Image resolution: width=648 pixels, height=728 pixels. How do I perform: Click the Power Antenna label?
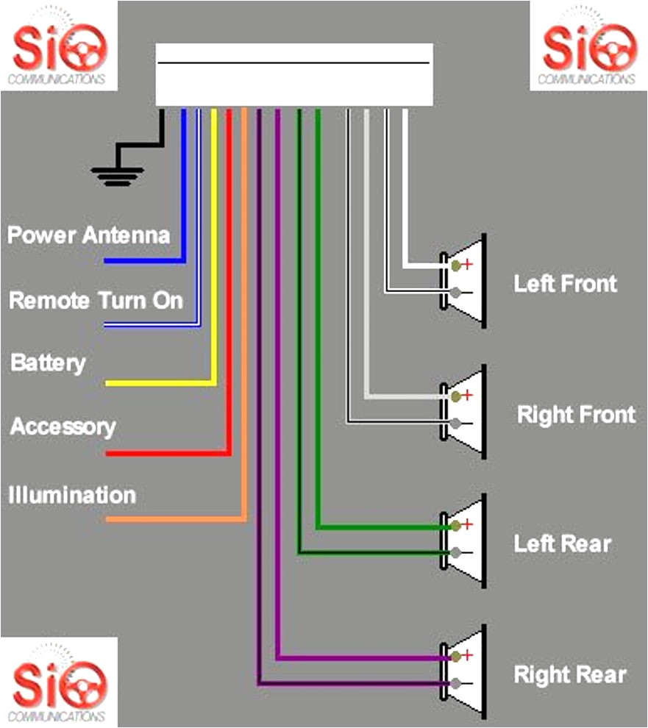pos(88,235)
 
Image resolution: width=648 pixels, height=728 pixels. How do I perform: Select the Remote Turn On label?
pos(96,300)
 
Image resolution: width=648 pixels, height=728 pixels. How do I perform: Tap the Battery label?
pos(48,363)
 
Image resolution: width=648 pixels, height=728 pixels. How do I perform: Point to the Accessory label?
pos(63,427)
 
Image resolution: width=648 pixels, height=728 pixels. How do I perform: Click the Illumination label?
pos(72,495)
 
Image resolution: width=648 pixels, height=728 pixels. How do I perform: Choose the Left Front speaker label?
pos(565,284)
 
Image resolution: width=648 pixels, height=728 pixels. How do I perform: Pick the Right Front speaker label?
pos(576,415)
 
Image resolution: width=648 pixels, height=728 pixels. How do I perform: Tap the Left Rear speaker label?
pos(562,544)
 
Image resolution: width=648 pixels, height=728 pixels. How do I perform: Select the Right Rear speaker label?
pos(570,674)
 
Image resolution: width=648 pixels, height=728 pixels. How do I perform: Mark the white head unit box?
pos(293,74)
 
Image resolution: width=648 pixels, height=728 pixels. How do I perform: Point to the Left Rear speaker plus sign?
pos(466,524)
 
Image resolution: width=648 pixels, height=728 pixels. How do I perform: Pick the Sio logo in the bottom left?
pos(59,682)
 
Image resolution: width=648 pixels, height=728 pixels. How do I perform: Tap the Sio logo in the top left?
pos(59,46)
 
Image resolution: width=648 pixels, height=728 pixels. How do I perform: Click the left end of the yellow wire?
pos(109,383)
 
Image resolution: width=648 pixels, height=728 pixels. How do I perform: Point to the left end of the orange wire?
pos(109,519)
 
